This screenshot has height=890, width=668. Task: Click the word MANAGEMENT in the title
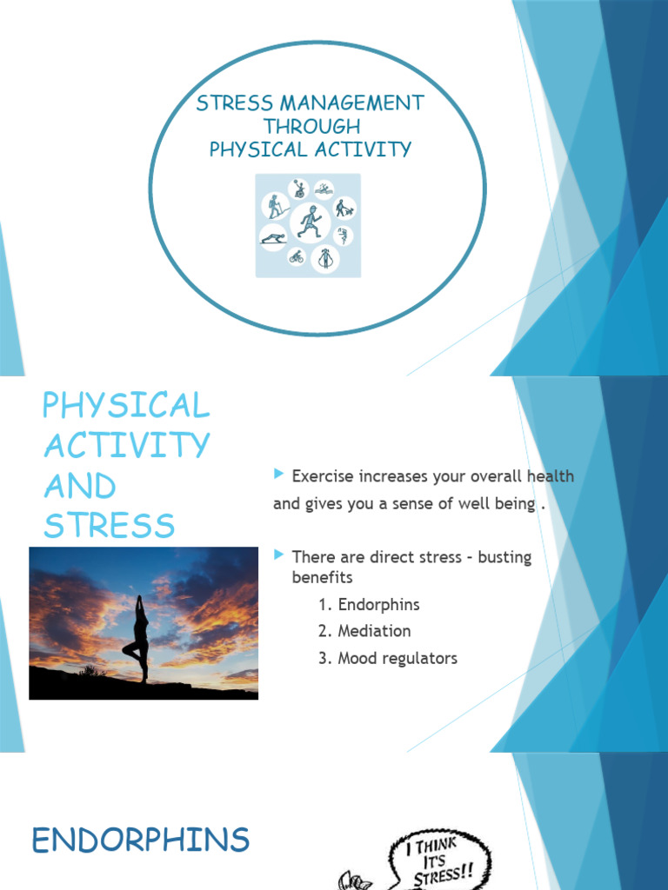(x=352, y=103)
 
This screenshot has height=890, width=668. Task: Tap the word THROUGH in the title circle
(x=312, y=126)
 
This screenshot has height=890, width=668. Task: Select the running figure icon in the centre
(x=310, y=222)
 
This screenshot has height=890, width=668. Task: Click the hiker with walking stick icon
(x=276, y=206)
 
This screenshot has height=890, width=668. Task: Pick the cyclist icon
(x=297, y=257)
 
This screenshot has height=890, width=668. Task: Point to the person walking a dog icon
(x=344, y=209)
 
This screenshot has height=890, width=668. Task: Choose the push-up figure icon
(x=274, y=238)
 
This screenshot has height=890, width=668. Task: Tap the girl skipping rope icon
(x=325, y=258)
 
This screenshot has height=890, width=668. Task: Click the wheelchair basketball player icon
(x=298, y=189)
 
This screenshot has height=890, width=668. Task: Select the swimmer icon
(x=324, y=189)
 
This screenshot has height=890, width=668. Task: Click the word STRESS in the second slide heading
(x=109, y=526)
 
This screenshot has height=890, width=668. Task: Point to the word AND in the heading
(x=80, y=487)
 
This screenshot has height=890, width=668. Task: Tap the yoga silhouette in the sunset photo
(x=138, y=639)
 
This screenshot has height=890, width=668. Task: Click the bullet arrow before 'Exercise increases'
(x=278, y=474)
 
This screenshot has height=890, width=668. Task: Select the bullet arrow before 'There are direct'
(x=278, y=554)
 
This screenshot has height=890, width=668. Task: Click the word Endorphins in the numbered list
(x=379, y=605)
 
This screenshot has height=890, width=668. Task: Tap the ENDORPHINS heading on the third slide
(x=140, y=840)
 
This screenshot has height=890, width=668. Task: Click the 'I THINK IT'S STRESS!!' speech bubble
(x=439, y=860)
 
